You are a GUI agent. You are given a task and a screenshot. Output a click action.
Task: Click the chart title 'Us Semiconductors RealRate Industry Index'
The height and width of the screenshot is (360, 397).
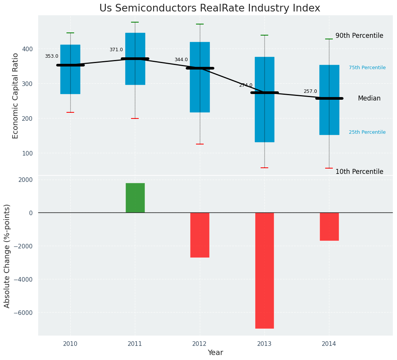point(209,8)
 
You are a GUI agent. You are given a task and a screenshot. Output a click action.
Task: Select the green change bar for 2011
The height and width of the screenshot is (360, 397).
point(135,198)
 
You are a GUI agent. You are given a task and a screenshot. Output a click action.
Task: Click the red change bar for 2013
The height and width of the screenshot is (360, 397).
point(264,270)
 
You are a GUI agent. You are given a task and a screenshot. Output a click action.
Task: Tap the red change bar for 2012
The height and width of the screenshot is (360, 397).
point(200,235)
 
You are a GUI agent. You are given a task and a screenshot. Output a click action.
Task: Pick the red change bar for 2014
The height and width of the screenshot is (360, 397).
point(329,226)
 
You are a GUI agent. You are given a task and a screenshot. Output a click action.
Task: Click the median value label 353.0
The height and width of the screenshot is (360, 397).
point(52,56)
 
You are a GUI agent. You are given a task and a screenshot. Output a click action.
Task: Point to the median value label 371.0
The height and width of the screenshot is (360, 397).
point(116,50)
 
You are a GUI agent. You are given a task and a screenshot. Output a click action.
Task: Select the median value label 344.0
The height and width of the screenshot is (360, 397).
point(181,60)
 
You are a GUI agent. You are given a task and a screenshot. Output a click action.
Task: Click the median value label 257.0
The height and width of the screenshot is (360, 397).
point(310,91)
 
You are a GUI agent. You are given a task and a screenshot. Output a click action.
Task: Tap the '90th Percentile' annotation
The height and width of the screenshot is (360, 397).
point(359,36)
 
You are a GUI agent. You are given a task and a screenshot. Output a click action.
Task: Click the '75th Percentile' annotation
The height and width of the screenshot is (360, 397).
point(367,68)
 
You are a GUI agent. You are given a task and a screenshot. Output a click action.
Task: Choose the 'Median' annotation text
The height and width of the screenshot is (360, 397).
point(369,99)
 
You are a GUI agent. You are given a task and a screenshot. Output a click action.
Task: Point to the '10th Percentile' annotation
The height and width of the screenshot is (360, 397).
point(359,172)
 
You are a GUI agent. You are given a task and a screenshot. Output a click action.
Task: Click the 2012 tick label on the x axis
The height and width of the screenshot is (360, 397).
point(199,344)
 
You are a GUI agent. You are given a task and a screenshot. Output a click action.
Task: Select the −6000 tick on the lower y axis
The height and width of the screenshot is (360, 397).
point(23,313)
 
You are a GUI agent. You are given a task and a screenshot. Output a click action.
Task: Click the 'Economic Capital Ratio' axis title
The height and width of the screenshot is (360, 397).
point(16,96)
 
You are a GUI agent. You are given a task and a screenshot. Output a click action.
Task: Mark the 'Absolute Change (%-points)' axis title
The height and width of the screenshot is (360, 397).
point(7,256)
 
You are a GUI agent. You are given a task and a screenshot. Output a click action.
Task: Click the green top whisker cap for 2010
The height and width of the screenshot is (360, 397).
point(70,33)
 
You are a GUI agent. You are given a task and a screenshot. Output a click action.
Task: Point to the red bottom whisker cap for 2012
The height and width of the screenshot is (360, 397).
point(200,144)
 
